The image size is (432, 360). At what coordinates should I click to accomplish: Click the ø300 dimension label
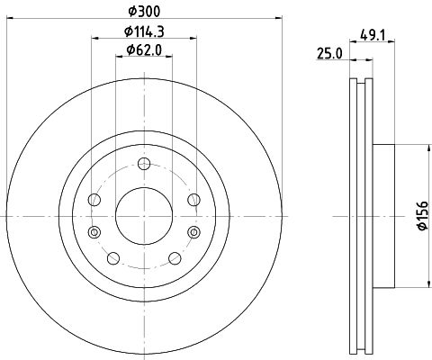coord(144,11)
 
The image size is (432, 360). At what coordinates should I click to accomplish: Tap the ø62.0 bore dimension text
coord(144,50)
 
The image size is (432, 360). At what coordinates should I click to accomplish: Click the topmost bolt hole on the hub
coord(144,164)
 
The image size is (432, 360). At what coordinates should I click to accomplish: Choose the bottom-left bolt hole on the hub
coord(113,258)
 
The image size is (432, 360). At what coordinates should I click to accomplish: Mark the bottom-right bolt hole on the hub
coord(175,258)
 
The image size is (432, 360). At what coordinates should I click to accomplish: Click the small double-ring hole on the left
coord(95,232)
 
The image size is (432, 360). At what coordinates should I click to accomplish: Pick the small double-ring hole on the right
coord(193,232)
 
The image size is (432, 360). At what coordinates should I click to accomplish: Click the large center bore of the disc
coord(144,216)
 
